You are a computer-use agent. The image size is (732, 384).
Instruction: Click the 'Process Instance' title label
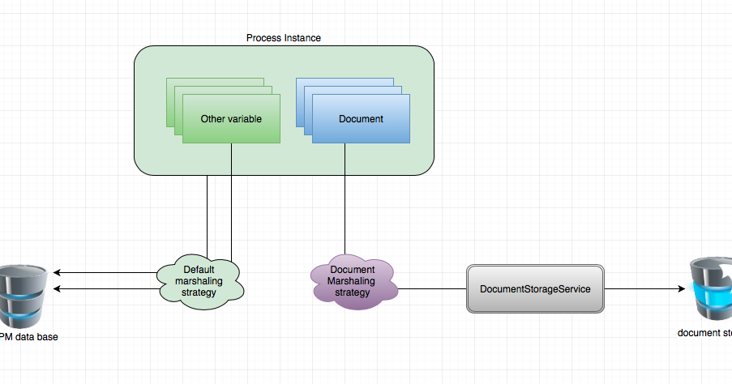point(284,38)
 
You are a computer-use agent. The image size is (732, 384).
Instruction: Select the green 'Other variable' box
point(231,118)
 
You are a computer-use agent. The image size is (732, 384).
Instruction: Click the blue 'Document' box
point(361,118)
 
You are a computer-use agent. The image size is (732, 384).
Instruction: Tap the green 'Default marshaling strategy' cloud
point(199,280)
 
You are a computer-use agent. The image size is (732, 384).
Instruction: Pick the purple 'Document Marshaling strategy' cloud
point(352,280)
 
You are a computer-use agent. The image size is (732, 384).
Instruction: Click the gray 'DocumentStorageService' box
point(535,288)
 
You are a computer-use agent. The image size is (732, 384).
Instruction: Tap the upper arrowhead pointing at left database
point(58,274)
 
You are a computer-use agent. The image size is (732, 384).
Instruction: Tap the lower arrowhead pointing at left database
point(58,289)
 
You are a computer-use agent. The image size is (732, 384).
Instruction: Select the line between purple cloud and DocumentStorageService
point(431,288)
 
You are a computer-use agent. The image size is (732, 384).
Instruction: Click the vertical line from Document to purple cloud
point(345,203)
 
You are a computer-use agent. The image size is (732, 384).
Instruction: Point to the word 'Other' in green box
point(214,118)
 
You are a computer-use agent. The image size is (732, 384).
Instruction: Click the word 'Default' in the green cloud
point(199,270)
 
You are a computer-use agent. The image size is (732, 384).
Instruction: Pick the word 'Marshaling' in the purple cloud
point(352,280)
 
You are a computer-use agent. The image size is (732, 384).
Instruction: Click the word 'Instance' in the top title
point(303,38)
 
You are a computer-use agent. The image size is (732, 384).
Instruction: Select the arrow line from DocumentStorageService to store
point(640,288)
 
